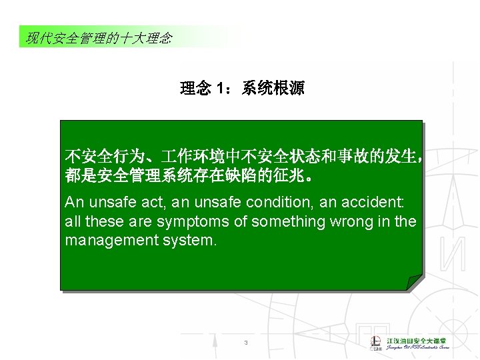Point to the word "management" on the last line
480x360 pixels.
coord(111,240)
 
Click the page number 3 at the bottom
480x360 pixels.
coord(246,343)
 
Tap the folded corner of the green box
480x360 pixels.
coord(415,282)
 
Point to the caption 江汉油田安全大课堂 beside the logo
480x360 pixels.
coord(418,340)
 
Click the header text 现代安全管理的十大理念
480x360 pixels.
coord(99,38)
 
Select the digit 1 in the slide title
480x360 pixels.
coord(220,89)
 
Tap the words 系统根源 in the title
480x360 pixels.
coord(273,89)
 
